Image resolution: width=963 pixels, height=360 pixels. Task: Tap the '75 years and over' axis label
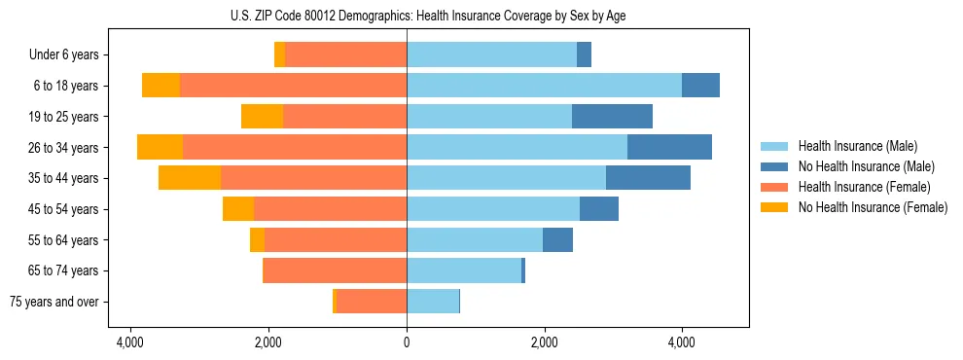[x=54, y=302]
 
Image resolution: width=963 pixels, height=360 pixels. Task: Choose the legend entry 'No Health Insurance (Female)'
[x=873, y=207]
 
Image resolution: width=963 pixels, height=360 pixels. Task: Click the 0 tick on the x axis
[x=407, y=342]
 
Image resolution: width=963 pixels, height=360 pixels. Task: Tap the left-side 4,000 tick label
[x=130, y=342]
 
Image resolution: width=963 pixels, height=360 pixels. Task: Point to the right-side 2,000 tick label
[x=544, y=342]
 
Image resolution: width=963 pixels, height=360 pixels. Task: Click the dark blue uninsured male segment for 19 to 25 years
[x=612, y=117]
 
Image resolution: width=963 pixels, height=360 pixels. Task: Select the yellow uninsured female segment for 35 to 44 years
[x=190, y=178]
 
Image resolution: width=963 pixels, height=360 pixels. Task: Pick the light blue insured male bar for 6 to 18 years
[x=544, y=86]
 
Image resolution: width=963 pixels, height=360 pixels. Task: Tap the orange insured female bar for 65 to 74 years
[x=336, y=270]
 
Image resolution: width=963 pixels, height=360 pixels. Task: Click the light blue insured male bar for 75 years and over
[x=433, y=302]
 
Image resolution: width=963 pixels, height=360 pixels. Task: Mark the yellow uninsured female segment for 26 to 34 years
[x=160, y=147]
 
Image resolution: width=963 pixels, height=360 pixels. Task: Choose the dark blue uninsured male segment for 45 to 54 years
[x=599, y=209]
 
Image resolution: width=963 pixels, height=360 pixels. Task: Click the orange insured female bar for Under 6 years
[x=346, y=55]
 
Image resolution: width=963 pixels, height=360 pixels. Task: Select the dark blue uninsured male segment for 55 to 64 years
[x=557, y=239]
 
